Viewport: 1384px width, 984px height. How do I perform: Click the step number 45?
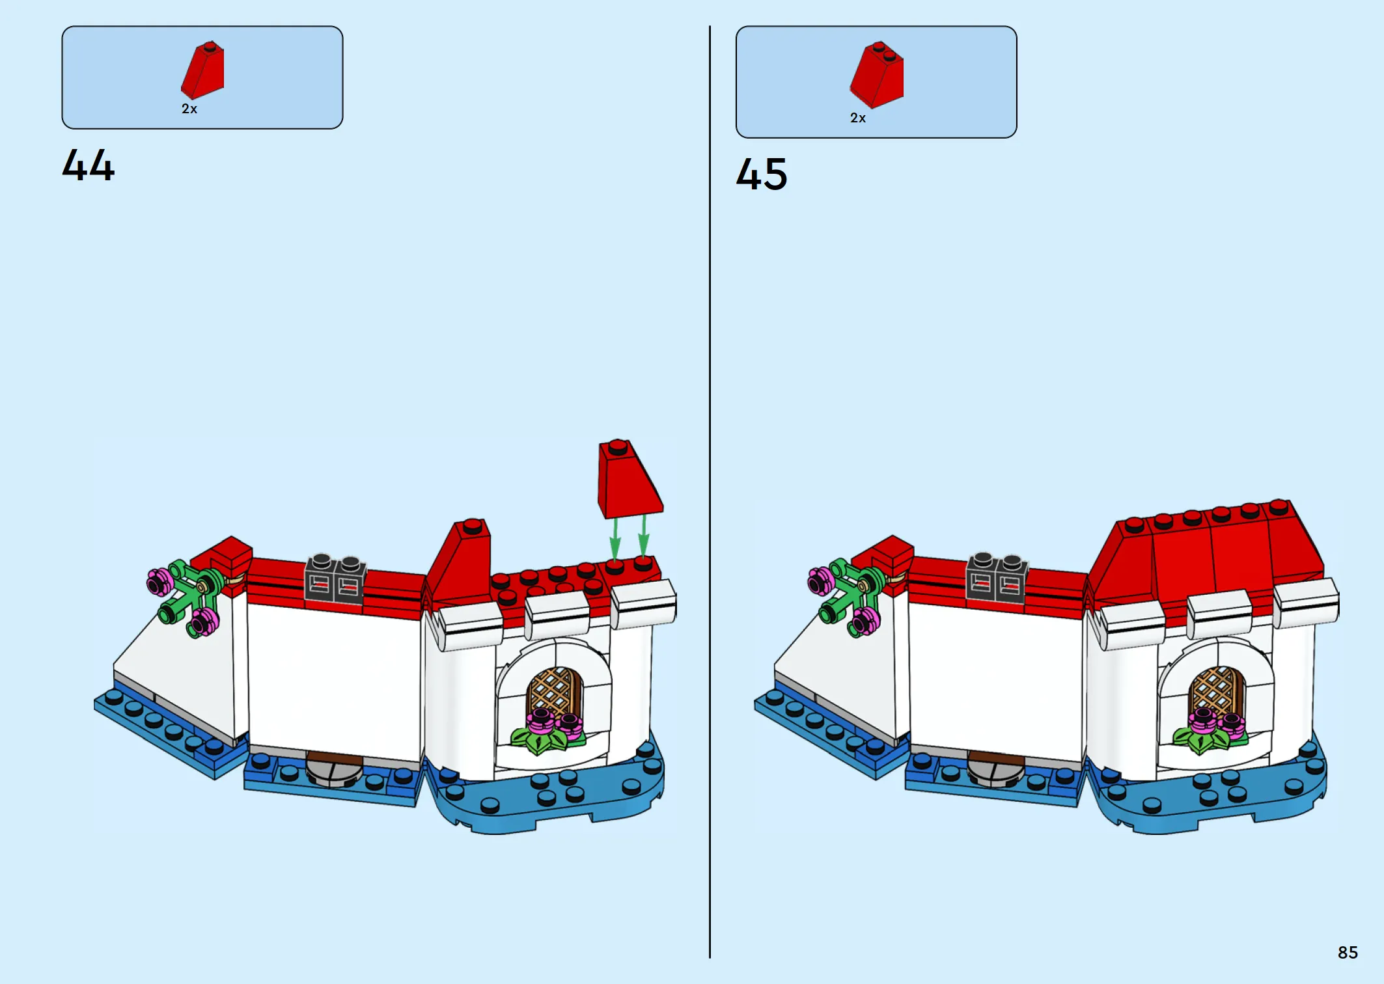(762, 174)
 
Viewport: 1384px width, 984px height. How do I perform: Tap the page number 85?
(1348, 953)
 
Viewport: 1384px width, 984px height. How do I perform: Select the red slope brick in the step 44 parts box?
(203, 70)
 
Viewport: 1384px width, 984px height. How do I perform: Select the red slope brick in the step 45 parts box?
(877, 75)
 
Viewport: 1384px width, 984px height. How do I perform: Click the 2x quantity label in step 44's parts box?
(189, 109)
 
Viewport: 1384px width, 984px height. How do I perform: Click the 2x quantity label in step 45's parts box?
(858, 118)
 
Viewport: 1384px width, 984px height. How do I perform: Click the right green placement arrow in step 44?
(643, 536)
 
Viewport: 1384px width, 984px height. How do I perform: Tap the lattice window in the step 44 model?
(554, 694)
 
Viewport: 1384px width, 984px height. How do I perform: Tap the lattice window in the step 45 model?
(1215, 692)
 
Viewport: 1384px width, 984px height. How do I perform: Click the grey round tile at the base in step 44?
(334, 769)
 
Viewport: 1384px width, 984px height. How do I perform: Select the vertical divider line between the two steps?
(710, 492)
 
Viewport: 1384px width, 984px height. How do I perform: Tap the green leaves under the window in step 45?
(1208, 739)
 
